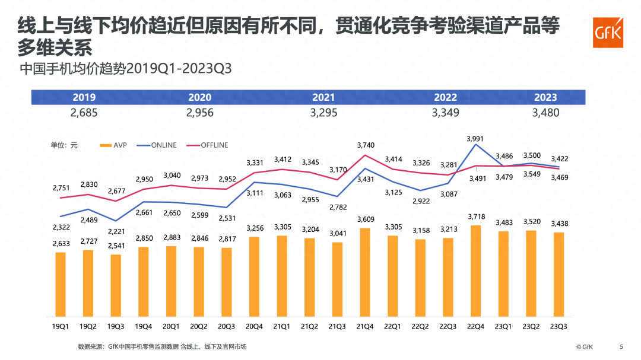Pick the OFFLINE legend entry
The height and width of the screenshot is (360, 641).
(207, 145)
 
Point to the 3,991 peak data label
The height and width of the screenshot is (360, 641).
(475, 139)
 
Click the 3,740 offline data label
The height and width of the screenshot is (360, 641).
(365, 144)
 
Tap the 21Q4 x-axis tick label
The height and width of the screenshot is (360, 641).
(365, 326)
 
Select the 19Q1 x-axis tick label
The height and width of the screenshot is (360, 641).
(60, 326)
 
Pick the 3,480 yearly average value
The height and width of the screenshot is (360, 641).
(545, 113)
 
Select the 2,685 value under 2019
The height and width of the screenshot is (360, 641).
(84, 113)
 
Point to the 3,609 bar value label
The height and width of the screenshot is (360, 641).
(365, 219)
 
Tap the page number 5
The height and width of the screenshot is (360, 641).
(621, 347)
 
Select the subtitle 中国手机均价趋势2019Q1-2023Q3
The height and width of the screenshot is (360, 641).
(125, 68)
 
